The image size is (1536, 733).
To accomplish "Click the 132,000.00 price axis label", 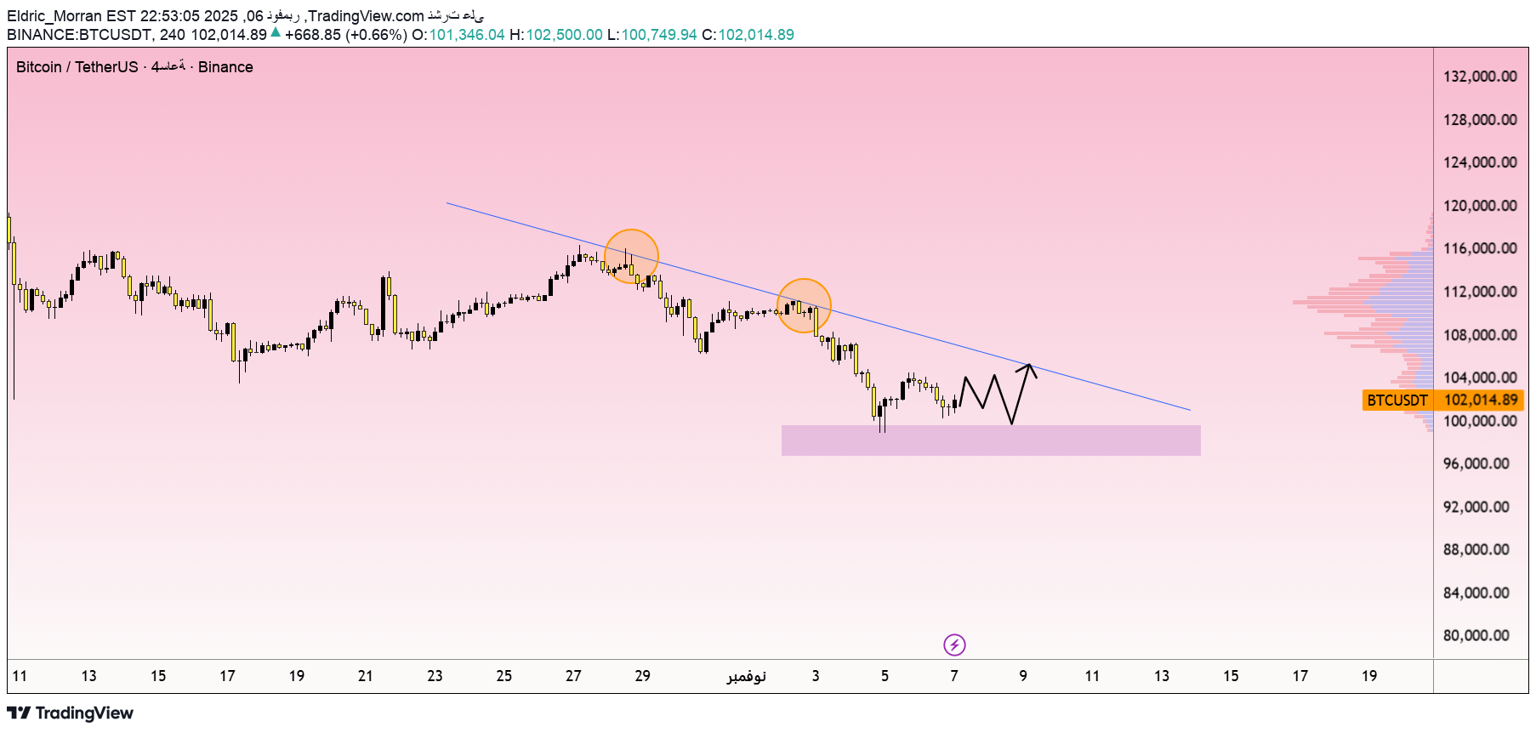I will coord(1480,77).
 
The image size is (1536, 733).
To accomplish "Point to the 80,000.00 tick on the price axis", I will coord(1476,635).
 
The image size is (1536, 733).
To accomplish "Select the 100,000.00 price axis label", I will coord(1480,421).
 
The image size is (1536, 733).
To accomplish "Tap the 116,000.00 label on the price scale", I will coord(1480,248).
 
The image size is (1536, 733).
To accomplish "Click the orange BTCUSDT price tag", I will coord(1397,400).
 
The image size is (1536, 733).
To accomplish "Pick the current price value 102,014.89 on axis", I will coord(1481,400).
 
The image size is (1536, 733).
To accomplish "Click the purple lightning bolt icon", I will coord(954,645).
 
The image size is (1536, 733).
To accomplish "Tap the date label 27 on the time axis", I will coord(573,676).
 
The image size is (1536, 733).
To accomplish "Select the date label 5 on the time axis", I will coord(885,676).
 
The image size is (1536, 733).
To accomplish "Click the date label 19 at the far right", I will coord(1369,676).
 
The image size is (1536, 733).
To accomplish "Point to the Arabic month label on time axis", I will coord(746,676).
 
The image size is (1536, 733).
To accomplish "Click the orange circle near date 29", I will coord(631,256).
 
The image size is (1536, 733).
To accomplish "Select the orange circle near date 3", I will coord(804,305).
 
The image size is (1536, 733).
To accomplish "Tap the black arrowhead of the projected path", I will coord(1029,366).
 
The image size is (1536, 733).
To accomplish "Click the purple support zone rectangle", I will coord(991,440).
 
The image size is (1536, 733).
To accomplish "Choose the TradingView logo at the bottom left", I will coord(71,713).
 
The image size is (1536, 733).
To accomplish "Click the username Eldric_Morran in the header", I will coord(54,16).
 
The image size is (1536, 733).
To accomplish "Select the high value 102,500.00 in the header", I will coord(564,35).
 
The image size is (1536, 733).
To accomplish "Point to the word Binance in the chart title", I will coord(225,67).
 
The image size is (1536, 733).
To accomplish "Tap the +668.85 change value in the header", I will coord(313,35).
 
